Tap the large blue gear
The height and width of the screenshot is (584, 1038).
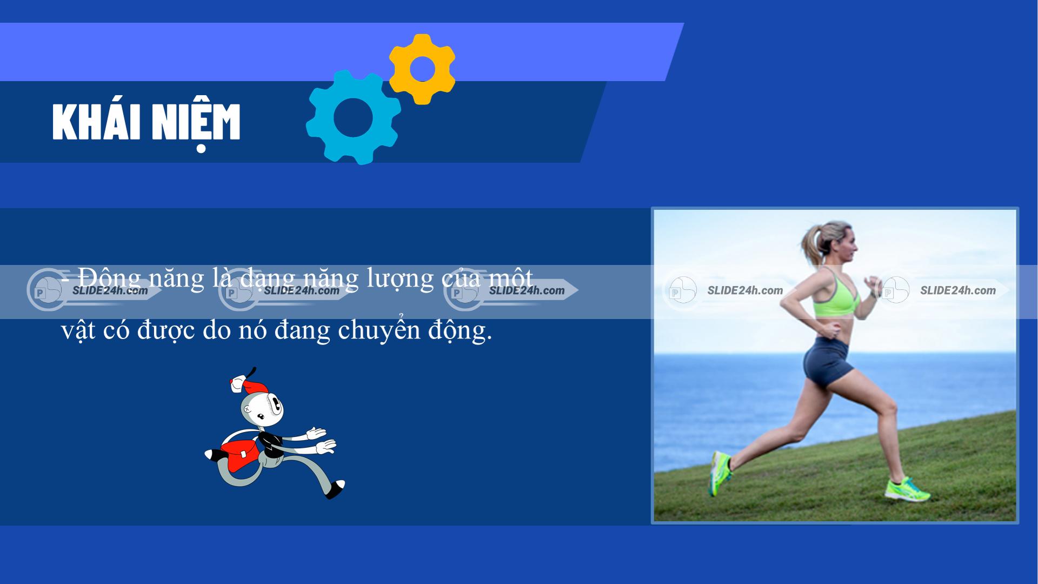click(x=353, y=117)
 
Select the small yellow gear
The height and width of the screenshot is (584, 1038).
click(x=422, y=69)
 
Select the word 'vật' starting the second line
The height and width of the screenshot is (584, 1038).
click(x=74, y=331)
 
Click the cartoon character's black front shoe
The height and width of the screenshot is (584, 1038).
click(x=336, y=489)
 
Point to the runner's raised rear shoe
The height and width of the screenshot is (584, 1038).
click(x=720, y=473)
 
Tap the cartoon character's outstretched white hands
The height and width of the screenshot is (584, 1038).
click(x=321, y=440)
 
